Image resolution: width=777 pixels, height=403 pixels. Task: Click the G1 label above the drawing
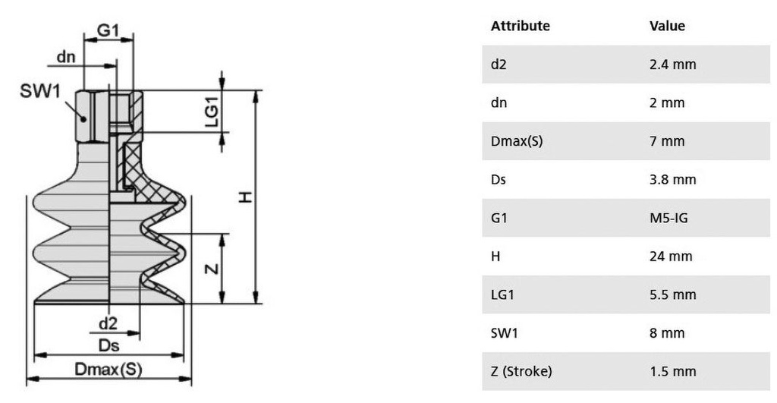(108, 30)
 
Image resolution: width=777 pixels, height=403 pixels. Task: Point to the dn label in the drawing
(66, 57)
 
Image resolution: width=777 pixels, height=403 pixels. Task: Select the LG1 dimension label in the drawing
(212, 112)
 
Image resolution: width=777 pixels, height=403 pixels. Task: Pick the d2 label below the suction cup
(108, 323)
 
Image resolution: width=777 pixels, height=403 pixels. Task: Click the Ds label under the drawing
(109, 345)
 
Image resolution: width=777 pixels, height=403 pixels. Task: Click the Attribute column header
(521, 26)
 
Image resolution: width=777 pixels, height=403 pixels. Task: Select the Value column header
(668, 26)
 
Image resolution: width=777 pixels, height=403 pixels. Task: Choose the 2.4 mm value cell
(673, 65)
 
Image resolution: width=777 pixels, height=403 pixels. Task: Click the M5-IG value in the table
(669, 218)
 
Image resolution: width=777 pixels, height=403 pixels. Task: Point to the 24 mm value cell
(671, 257)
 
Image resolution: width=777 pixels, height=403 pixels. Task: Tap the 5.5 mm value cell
(673, 294)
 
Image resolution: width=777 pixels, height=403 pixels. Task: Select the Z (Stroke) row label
(521, 371)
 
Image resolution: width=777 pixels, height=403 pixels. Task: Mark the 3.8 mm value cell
(673, 179)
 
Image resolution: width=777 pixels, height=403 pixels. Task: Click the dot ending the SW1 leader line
(83, 119)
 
